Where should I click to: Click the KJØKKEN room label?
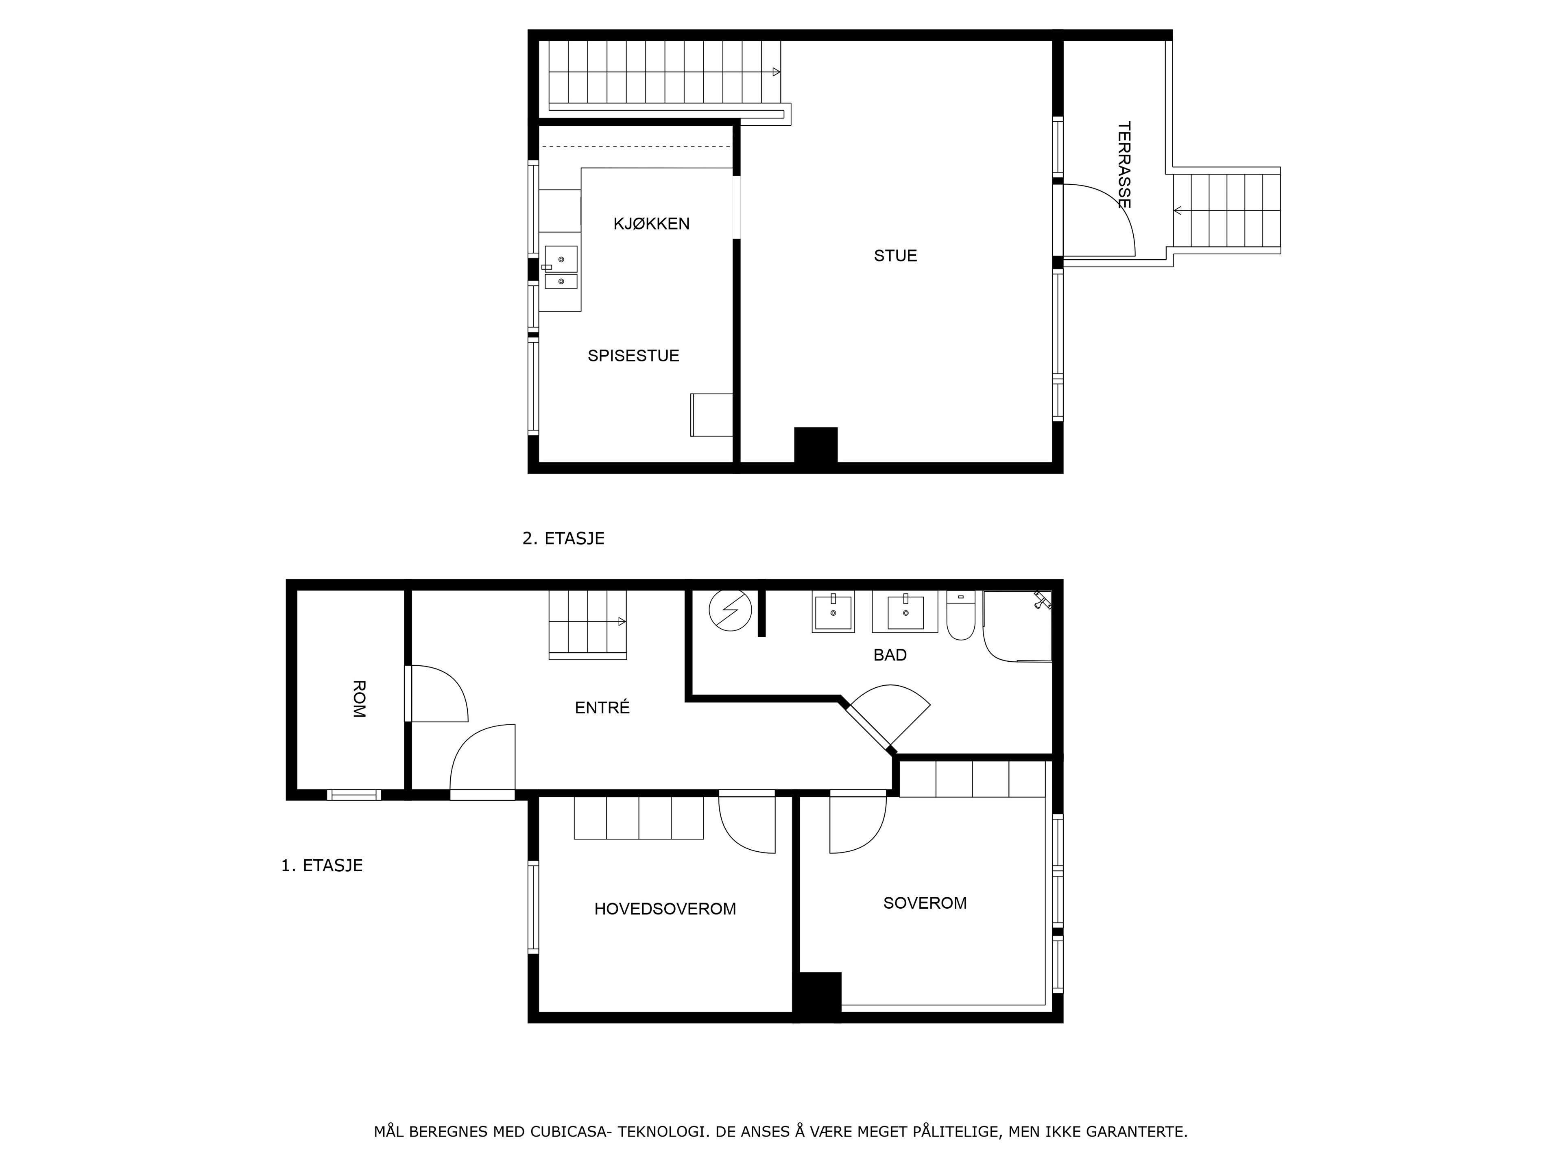tap(651, 224)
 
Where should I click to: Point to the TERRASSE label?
tap(1124, 165)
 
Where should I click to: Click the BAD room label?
tap(890, 655)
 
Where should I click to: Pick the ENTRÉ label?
tap(602, 707)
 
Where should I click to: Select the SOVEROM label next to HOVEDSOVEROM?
tap(925, 903)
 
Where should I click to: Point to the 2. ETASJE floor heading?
tap(563, 538)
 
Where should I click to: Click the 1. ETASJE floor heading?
tap(322, 866)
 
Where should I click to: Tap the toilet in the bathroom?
tap(960, 616)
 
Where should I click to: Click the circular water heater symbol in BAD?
tap(730, 610)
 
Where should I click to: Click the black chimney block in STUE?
tap(816, 445)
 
